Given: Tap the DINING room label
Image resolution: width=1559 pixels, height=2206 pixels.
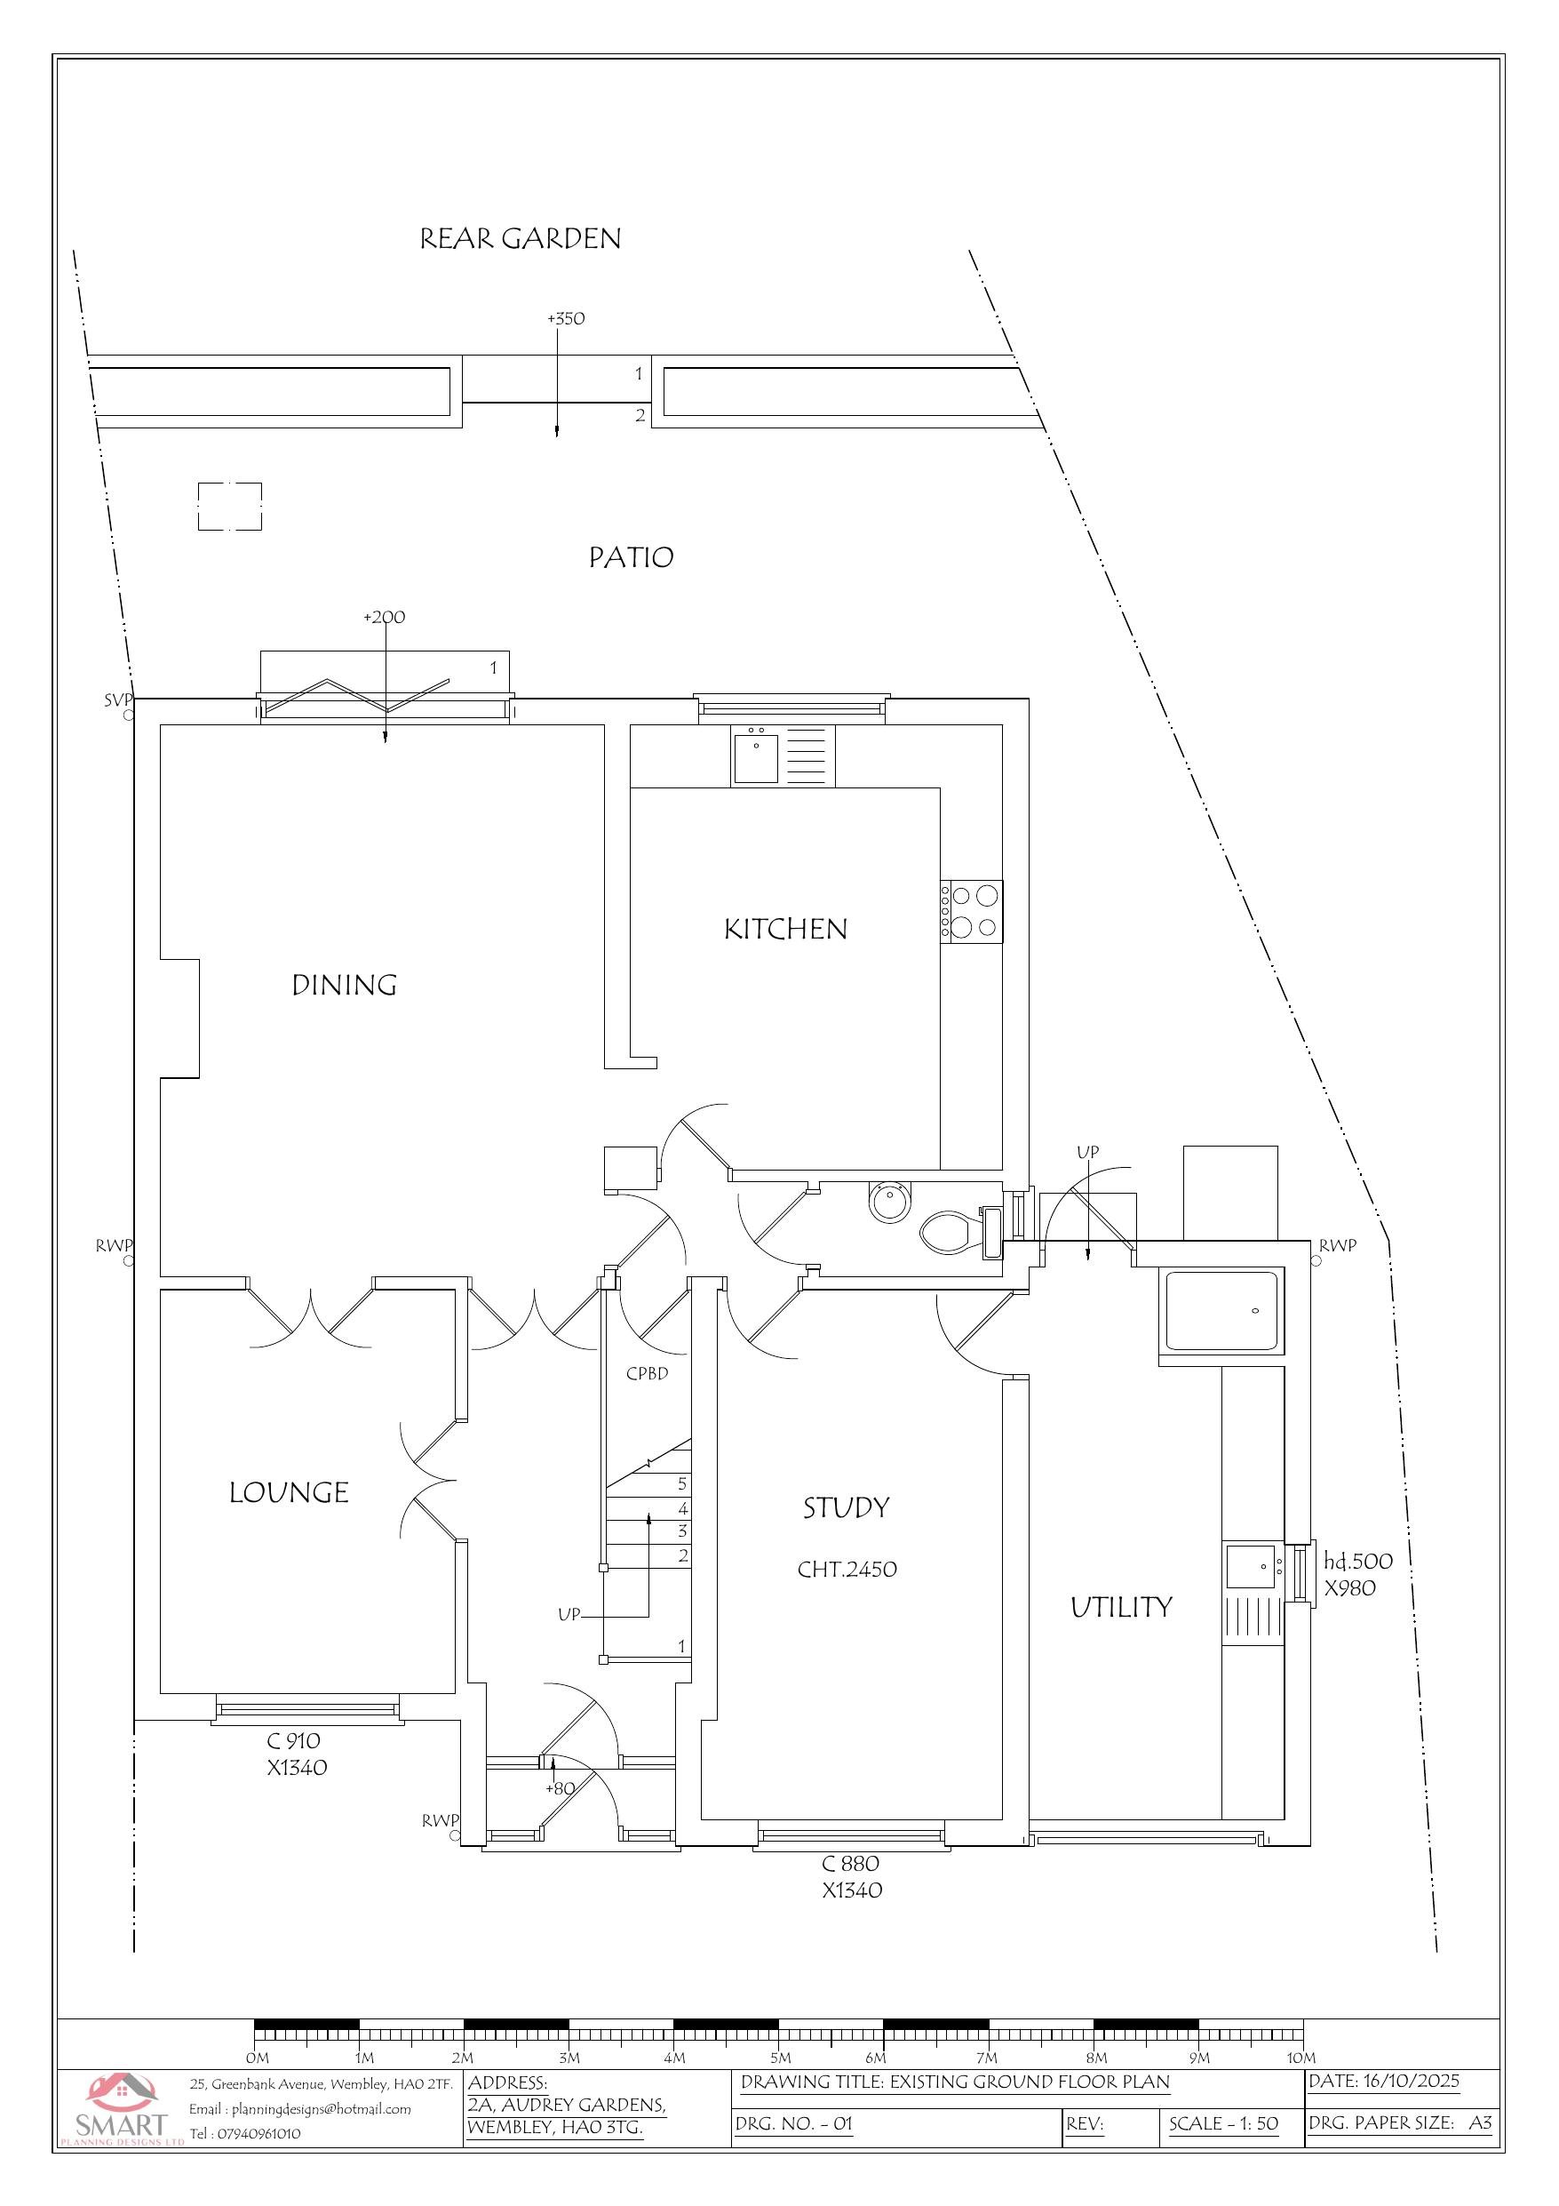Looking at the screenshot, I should [x=344, y=985].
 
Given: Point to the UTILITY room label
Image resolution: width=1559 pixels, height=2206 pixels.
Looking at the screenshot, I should [x=1121, y=1608].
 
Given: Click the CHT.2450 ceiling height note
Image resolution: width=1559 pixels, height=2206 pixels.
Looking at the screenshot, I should [x=847, y=1569].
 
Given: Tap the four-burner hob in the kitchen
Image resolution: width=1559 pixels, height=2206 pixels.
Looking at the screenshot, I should [x=972, y=911].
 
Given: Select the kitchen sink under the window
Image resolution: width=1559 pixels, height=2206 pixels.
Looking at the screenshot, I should [x=757, y=756].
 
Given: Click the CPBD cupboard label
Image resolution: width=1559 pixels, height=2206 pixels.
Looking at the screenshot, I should [x=647, y=1373].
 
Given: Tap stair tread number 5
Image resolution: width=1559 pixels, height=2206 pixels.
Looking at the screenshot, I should [x=682, y=1483].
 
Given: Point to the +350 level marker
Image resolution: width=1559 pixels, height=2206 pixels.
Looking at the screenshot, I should [x=566, y=319].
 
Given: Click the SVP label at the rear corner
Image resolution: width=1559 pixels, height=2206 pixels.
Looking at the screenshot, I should [x=116, y=700].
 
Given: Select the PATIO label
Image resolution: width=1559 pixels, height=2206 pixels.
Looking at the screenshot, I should [x=631, y=557].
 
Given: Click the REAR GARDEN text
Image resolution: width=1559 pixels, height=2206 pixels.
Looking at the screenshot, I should [x=520, y=238].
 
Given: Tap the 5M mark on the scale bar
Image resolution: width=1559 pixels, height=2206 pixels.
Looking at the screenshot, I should [x=780, y=2058].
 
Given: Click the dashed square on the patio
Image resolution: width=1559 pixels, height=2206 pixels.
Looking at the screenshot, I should [x=229, y=507].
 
